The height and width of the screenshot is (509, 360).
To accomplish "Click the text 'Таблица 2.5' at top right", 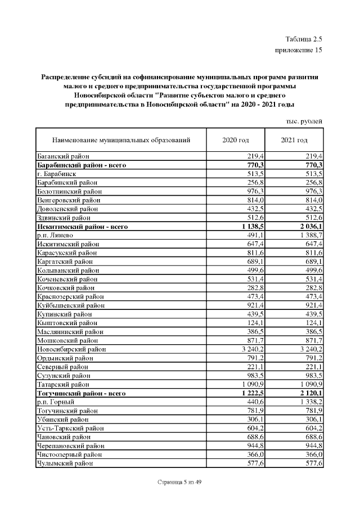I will pyautogui.click(x=304, y=39).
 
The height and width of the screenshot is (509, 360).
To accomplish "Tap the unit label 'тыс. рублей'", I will pyautogui.click(x=304, y=121).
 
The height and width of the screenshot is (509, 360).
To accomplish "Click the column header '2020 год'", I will pyautogui.click(x=236, y=140).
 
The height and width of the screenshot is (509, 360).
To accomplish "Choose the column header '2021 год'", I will pyautogui.click(x=294, y=140).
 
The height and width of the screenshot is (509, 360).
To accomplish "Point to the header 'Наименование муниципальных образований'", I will pyautogui.click(x=121, y=140).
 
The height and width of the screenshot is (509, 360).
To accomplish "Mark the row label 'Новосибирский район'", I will pyautogui.click(x=71, y=349).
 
